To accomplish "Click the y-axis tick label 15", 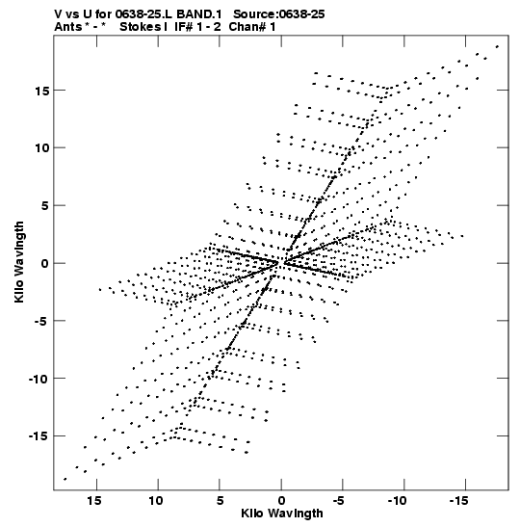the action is coord(41,91).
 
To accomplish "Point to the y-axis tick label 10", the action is coord(41,147).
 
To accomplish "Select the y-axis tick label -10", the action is coord(39,379).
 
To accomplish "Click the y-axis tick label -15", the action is coord(39,436).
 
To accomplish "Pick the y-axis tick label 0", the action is coord(45,264).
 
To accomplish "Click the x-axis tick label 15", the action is coord(94,501).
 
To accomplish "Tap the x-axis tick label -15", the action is coord(458,501).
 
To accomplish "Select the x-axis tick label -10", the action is coord(397,501).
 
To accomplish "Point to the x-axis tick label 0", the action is coord(281,501).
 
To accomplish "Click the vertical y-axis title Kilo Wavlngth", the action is coord(19,262).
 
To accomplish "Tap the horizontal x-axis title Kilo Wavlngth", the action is coord(282,514).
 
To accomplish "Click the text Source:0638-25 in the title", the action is coord(279,14).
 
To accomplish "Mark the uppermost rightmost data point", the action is coord(497,46).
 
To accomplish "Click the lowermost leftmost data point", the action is coord(65,479).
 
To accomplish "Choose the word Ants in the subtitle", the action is coord(68,27).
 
